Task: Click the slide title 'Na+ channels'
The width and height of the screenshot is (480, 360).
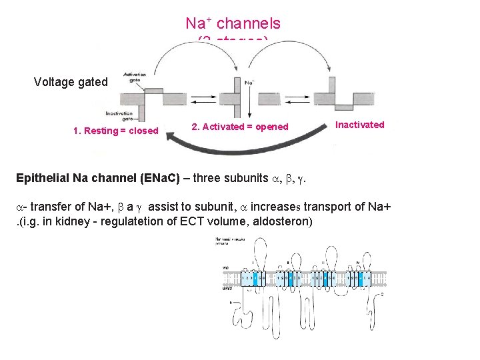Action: tap(233, 23)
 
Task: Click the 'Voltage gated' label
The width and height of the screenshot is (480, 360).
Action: tap(71, 82)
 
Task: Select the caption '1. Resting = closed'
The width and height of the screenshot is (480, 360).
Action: tap(115, 131)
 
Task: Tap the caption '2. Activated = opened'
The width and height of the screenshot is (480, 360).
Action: tap(239, 127)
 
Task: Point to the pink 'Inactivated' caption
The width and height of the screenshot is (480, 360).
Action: tap(359, 125)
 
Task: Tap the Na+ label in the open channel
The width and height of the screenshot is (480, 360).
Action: tap(250, 83)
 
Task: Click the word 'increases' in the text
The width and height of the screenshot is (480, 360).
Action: tap(274, 207)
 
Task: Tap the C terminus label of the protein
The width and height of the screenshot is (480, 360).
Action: tap(382, 294)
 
